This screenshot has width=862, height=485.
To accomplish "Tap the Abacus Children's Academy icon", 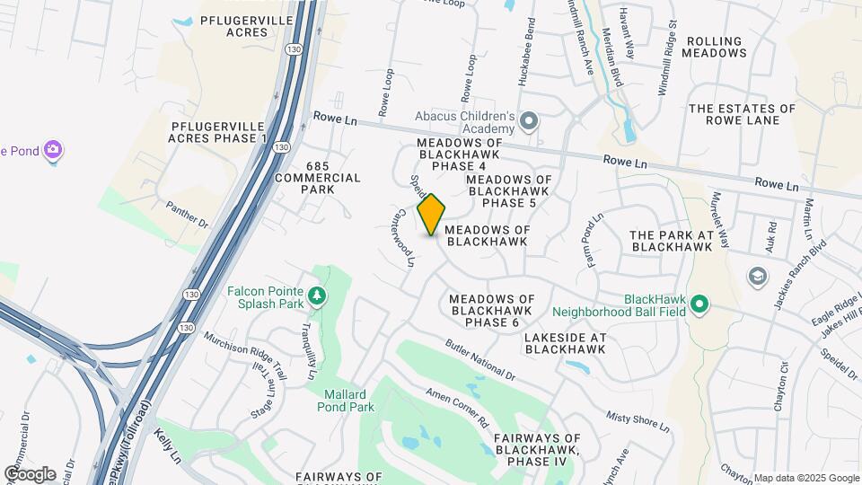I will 530,120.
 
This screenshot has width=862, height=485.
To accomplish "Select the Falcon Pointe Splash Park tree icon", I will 315,295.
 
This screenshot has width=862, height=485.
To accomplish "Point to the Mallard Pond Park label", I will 345,401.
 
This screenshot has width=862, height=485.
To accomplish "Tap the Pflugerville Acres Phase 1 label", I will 217,131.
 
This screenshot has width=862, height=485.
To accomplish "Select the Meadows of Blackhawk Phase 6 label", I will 492,311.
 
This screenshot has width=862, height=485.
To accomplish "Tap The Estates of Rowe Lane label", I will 742,115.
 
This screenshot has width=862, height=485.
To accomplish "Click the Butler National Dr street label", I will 481,358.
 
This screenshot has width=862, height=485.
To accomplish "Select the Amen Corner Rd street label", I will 457,407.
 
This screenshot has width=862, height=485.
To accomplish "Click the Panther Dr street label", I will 187,214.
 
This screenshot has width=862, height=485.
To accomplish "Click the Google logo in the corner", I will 30,473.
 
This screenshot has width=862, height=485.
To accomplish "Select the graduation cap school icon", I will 757,275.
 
